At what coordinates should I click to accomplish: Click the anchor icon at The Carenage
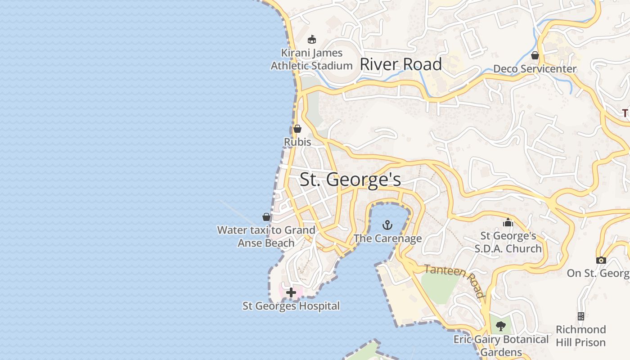[387, 225]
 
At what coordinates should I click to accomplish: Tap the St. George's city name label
[350, 180]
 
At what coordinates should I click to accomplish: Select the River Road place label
[400, 64]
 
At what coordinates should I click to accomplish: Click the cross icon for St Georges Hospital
[291, 292]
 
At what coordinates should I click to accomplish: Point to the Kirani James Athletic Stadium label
[311, 59]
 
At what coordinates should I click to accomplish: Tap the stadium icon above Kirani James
[312, 39]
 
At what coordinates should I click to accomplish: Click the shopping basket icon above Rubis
[297, 129]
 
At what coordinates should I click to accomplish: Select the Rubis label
[297, 142]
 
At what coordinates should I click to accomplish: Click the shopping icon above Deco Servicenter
[535, 55]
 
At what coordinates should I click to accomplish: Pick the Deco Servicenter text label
[535, 69]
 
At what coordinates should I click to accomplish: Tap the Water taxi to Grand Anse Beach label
[266, 236]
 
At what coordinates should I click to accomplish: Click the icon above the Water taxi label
[266, 217]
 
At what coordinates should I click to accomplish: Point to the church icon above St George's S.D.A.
[508, 222]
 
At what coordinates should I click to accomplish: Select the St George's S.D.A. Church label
[508, 242]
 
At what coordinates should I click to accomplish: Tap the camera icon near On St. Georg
[601, 260]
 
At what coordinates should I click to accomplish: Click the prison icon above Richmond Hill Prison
[581, 316]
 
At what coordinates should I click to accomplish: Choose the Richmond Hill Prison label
[580, 336]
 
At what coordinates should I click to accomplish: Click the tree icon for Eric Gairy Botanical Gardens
[501, 326]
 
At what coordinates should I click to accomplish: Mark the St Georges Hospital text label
[291, 306]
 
